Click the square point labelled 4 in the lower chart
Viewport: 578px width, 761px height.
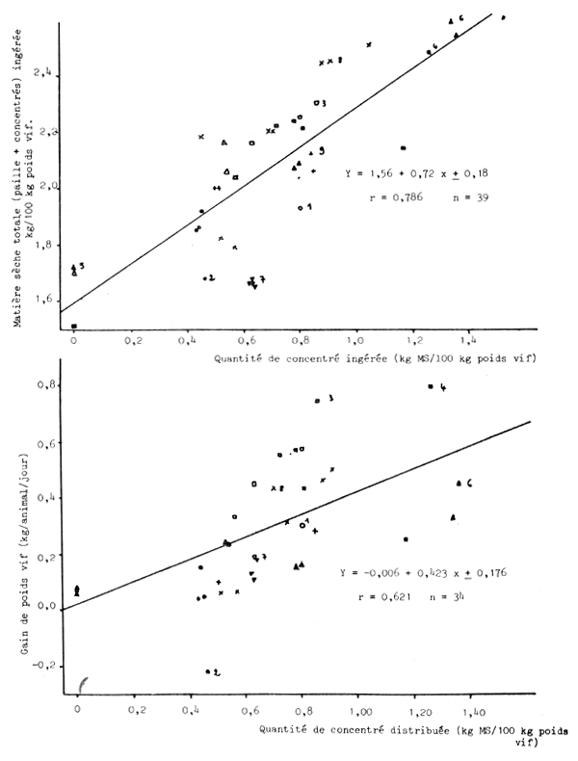[430, 386]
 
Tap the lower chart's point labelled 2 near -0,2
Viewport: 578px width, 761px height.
[208, 671]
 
